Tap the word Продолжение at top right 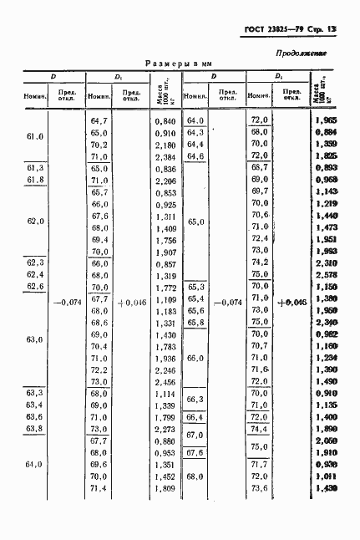[301, 54]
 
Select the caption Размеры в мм [180, 64]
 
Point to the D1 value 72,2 [99, 369]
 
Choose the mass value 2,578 [325, 274]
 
